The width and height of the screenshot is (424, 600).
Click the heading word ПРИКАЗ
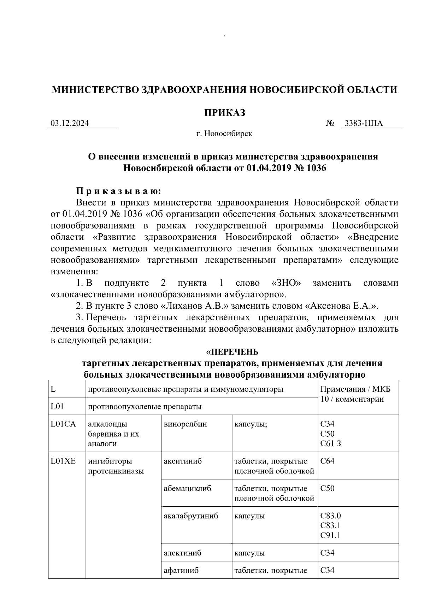point(225,113)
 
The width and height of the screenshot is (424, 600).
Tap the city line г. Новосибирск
point(225,134)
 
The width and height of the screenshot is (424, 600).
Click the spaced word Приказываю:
point(119,191)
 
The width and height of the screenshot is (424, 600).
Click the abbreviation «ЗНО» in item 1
point(287,283)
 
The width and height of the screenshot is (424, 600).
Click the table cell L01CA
point(63,424)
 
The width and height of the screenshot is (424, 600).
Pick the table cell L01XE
point(63,461)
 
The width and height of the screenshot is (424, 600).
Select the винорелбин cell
point(185,424)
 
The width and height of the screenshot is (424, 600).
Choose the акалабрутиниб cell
point(191,516)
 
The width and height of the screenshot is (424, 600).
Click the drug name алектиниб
point(182,553)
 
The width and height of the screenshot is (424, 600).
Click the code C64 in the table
point(327,461)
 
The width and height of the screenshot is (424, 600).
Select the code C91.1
point(330,535)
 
